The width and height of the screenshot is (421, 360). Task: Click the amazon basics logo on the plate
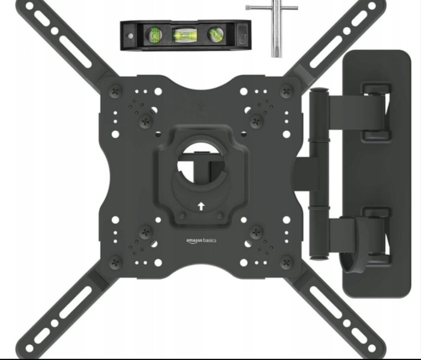point(201,241)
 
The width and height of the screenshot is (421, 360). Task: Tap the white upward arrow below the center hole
point(201,206)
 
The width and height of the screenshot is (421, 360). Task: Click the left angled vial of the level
point(154,34)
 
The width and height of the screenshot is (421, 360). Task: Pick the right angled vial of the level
point(216,34)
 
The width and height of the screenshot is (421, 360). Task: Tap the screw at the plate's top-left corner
point(116,92)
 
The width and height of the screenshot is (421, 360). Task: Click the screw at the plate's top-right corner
point(287,91)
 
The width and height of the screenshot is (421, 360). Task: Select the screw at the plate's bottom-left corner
point(116,262)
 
